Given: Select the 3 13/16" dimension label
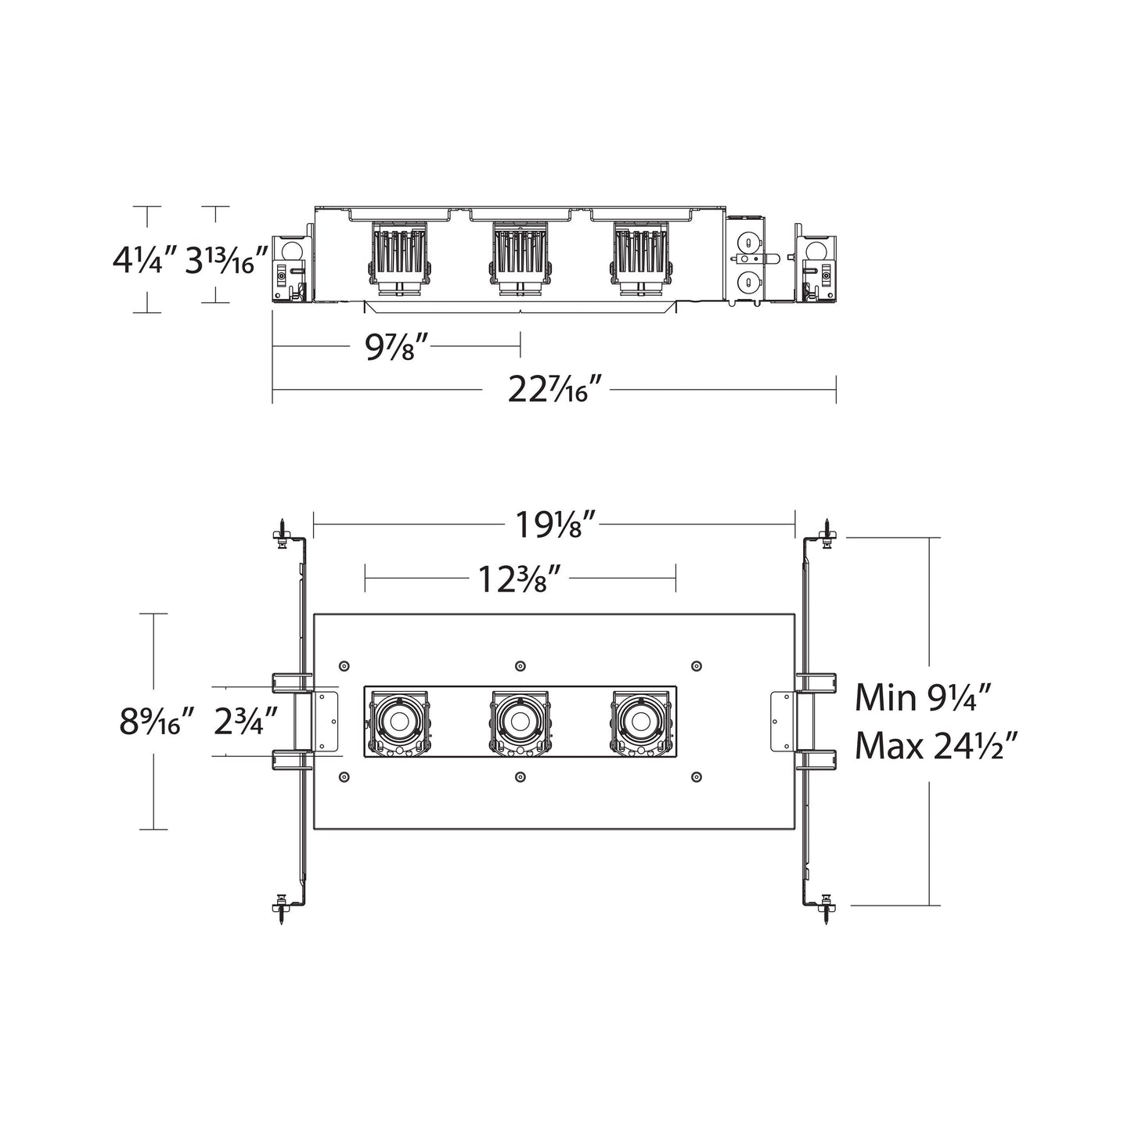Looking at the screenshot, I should [x=228, y=260].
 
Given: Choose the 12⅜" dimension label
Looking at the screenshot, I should [x=520, y=580].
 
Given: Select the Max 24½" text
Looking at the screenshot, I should [x=936, y=745].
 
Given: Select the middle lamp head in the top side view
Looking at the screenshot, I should [x=520, y=258].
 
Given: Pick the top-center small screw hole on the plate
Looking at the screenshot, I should [x=520, y=666].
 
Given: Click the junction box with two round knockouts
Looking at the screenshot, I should [x=748, y=263].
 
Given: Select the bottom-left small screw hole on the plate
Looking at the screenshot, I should [x=344, y=776].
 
